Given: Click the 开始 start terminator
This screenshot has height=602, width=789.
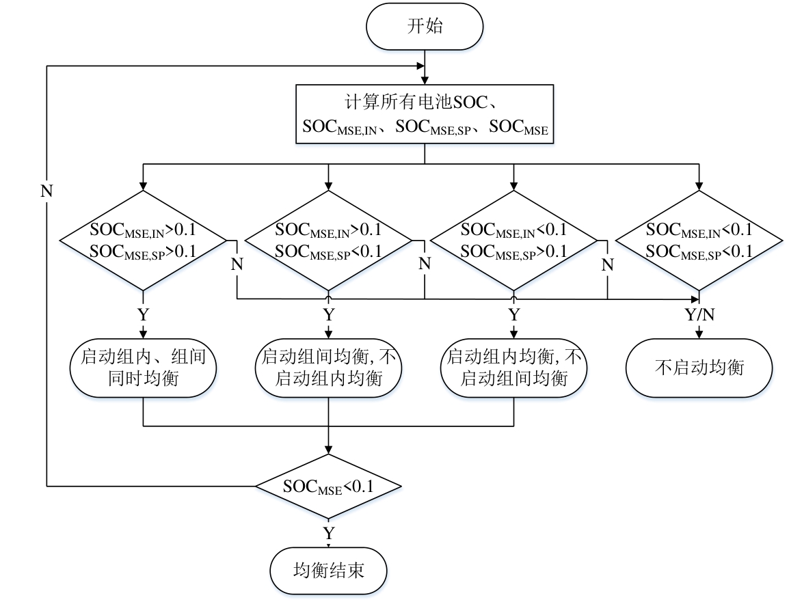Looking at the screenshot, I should coord(425,27).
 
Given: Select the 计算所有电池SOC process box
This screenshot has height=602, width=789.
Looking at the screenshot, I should coord(425,114).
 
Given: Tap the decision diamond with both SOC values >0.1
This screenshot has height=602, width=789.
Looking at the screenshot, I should coord(143,240).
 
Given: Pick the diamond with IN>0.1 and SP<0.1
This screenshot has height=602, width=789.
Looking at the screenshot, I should coord(329,240).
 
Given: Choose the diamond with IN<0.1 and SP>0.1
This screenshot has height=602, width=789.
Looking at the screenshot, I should coord(514,240).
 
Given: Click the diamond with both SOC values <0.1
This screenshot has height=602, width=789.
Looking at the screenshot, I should coord(699,240).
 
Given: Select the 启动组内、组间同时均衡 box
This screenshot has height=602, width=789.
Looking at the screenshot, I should coord(143,367).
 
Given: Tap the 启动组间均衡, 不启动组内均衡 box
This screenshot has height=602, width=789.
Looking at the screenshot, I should coord(329,367).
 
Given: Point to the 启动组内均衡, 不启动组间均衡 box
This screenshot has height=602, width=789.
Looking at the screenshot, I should coord(514,367).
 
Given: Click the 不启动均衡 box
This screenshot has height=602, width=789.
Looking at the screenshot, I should coord(699,367).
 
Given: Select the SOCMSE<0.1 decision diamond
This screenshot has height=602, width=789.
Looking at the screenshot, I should coord(329,487).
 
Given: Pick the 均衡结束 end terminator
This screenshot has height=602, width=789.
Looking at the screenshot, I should coord(329,570).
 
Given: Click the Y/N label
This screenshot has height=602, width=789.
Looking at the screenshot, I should coord(699,315).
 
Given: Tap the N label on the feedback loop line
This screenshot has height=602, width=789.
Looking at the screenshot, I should coord(46,191).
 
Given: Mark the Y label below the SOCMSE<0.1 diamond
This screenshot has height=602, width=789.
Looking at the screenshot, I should coord(329,532).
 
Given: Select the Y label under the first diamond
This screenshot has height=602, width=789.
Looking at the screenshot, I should coord(143,315).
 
